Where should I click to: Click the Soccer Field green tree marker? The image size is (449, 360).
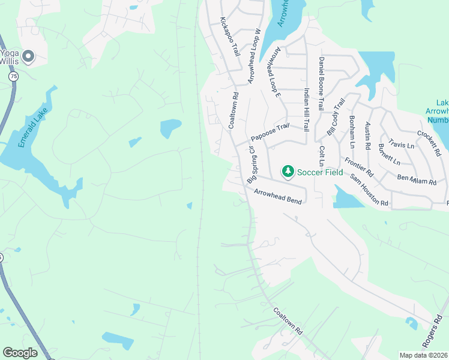(288, 172)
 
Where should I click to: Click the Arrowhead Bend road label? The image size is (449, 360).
(277, 195)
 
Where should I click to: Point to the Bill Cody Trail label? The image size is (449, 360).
(336, 116)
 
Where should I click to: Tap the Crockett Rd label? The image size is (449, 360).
(429, 144)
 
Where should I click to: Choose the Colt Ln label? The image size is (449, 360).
(322, 156)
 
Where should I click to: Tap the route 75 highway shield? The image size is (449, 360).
(13, 77)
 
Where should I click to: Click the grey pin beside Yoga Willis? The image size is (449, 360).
(28, 56)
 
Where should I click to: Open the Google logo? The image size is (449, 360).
(20, 353)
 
